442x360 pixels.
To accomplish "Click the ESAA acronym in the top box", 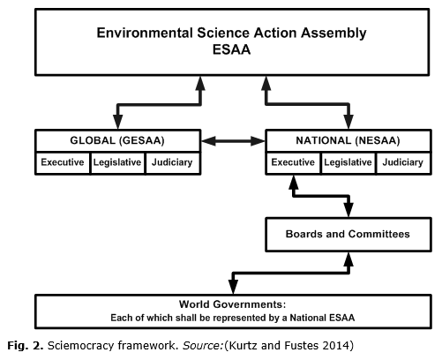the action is click(x=231, y=49).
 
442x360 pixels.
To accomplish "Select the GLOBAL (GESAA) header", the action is click(x=117, y=140).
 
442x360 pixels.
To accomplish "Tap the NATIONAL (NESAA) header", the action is click(x=348, y=140).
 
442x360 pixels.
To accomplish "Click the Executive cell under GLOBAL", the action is click(x=63, y=162).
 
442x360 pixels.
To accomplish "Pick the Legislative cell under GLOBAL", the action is click(x=117, y=162).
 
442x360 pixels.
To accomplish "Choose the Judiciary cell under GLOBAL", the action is click(x=173, y=162).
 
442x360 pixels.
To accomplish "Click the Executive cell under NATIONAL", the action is click(x=293, y=162).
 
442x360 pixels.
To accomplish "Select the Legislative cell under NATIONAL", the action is click(x=348, y=162).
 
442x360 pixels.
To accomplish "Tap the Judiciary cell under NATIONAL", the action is click(x=403, y=162).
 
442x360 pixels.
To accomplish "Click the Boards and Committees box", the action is click(x=348, y=235).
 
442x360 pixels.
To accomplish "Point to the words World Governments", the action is click(x=232, y=304).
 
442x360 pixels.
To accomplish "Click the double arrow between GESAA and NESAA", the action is click(x=233, y=141).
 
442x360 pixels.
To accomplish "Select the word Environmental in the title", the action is click(x=145, y=33).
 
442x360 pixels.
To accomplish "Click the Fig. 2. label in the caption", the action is click(x=26, y=346).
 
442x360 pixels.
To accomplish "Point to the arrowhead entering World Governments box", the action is click(x=233, y=286).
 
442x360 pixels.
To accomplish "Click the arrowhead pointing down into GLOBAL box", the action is click(x=117, y=121).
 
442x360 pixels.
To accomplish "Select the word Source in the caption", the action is click(x=203, y=345).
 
